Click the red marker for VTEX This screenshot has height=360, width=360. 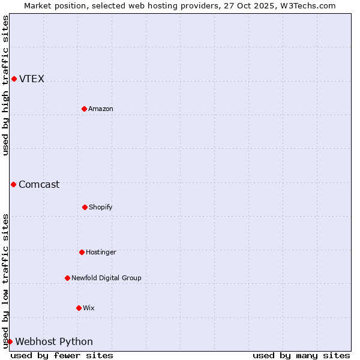click(14, 79)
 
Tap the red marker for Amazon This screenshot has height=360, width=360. click(84, 109)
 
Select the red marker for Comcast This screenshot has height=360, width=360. click(13, 184)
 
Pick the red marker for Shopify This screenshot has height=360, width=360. click(85, 207)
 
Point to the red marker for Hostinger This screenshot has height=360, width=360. click(82, 252)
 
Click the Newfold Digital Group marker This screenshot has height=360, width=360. click(67, 278)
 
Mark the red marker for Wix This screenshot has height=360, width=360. click(79, 308)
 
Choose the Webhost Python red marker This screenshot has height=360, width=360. click(10, 341)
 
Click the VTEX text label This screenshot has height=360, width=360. click(32, 79)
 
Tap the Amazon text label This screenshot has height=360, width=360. click(101, 109)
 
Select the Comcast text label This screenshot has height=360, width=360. click(39, 185)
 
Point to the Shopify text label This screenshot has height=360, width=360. click(101, 208)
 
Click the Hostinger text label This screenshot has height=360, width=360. click(101, 253)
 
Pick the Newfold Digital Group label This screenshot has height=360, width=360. click(106, 278)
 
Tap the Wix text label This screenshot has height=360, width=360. click(89, 308)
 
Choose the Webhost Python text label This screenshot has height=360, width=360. click(54, 342)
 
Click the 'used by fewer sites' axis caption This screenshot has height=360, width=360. click(62, 355)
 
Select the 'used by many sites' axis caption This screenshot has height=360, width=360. click(301, 355)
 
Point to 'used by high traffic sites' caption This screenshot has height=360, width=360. click(5, 85)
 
